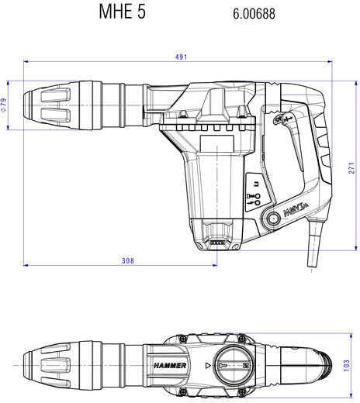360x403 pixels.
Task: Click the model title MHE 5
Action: coord(123,12)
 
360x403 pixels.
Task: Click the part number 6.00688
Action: coord(254,14)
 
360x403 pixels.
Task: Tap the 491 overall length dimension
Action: coord(181,57)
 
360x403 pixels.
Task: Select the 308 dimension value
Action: coord(128,260)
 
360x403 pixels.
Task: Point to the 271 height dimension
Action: coord(351,168)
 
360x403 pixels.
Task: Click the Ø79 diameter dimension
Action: coord(4,105)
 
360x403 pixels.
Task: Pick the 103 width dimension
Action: coord(347,366)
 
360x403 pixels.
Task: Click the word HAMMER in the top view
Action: coord(170,366)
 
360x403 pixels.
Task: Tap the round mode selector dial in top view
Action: coord(233,365)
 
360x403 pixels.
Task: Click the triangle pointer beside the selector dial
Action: coord(208,366)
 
